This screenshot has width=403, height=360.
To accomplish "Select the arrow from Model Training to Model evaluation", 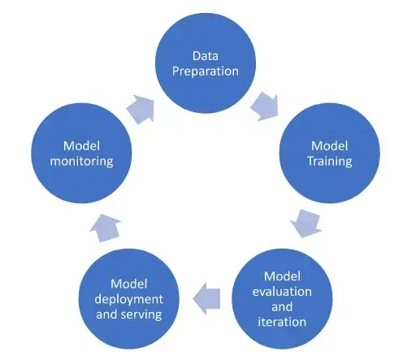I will tap(308, 222).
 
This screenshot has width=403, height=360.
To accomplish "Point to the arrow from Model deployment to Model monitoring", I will tap(106, 231).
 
